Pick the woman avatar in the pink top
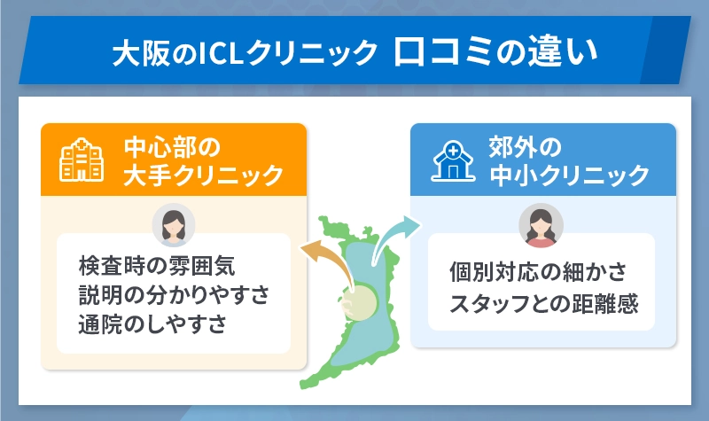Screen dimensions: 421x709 pyautogui.click(x=540, y=226)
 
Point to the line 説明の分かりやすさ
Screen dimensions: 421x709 pyautogui.click(x=173, y=294)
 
